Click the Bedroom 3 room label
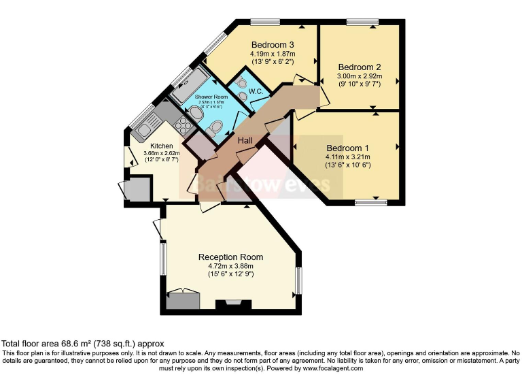click(x=267, y=45)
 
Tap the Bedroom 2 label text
click(x=359, y=67)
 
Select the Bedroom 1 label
click(x=347, y=148)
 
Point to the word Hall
click(x=245, y=140)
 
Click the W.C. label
click(x=256, y=91)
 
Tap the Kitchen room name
click(x=162, y=146)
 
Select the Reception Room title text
click(x=230, y=257)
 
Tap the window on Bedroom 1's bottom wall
click(x=370, y=201)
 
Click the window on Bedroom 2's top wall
click(x=362, y=22)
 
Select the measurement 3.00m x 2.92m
click(x=359, y=76)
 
